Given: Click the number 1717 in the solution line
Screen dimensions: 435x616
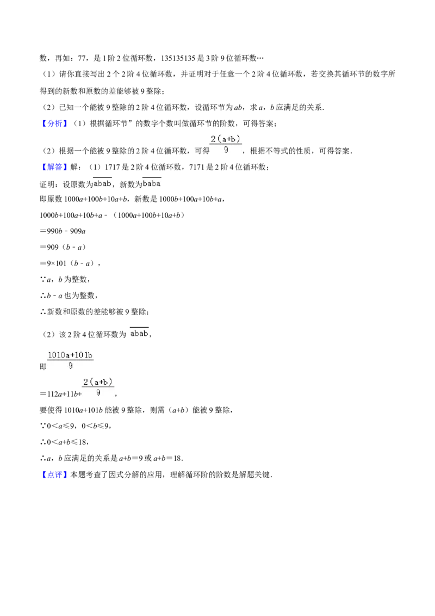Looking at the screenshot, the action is point(112,167).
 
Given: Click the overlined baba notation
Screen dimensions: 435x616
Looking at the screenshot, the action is point(152,183).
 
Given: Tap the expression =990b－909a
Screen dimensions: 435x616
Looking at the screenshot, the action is point(63,231).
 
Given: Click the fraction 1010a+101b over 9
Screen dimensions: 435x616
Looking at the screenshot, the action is point(70,360).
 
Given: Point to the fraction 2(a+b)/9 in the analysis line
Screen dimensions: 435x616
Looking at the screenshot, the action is point(226,144).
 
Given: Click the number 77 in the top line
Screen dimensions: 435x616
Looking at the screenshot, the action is point(82,58).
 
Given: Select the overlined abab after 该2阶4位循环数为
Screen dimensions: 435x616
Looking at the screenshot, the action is point(139,333).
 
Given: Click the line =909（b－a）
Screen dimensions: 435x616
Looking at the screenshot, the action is point(63,247).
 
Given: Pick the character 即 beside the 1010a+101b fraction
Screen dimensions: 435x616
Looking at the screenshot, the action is point(43,367).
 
